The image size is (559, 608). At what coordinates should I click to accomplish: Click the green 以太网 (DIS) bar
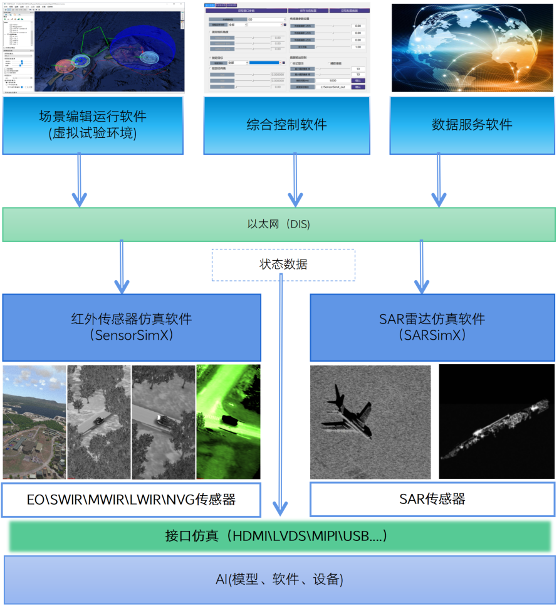tap(279, 224)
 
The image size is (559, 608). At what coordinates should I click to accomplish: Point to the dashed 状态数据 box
tap(283, 265)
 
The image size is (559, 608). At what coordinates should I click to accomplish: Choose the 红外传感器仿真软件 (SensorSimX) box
tap(131, 327)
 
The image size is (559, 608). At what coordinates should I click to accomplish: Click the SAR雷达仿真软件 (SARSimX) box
tap(432, 327)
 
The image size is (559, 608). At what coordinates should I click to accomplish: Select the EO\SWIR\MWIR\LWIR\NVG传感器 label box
tap(131, 499)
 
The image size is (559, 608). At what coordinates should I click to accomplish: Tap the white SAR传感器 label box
tap(432, 499)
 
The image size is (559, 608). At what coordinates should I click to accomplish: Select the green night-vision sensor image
tap(228, 421)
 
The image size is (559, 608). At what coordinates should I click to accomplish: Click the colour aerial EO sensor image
tap(34, 421)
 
